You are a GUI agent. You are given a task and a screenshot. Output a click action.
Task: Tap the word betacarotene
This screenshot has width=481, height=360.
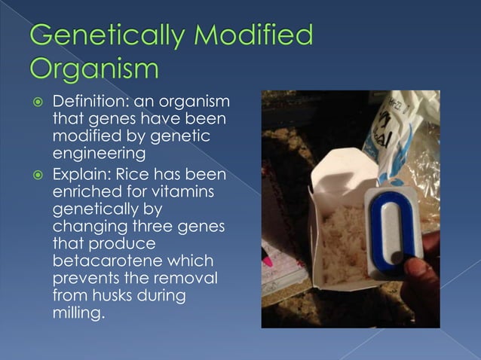[x=105, y=260]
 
